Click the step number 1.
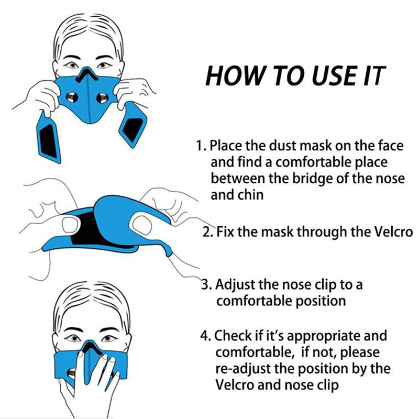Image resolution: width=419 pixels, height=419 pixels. pos(201,146)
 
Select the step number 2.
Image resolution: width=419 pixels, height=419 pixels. pos(207,231)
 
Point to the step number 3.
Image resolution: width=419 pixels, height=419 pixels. pos(206,284)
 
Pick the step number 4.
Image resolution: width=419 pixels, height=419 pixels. pos(205,336)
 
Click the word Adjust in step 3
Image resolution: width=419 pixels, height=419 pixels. pos(235,285)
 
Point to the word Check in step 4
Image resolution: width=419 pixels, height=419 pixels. pos(233,336)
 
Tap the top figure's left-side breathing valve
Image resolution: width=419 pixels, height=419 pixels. pos(72,98)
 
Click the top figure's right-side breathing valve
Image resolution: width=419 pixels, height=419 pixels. pos(102,98)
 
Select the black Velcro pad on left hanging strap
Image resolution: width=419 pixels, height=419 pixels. pos(48,141)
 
